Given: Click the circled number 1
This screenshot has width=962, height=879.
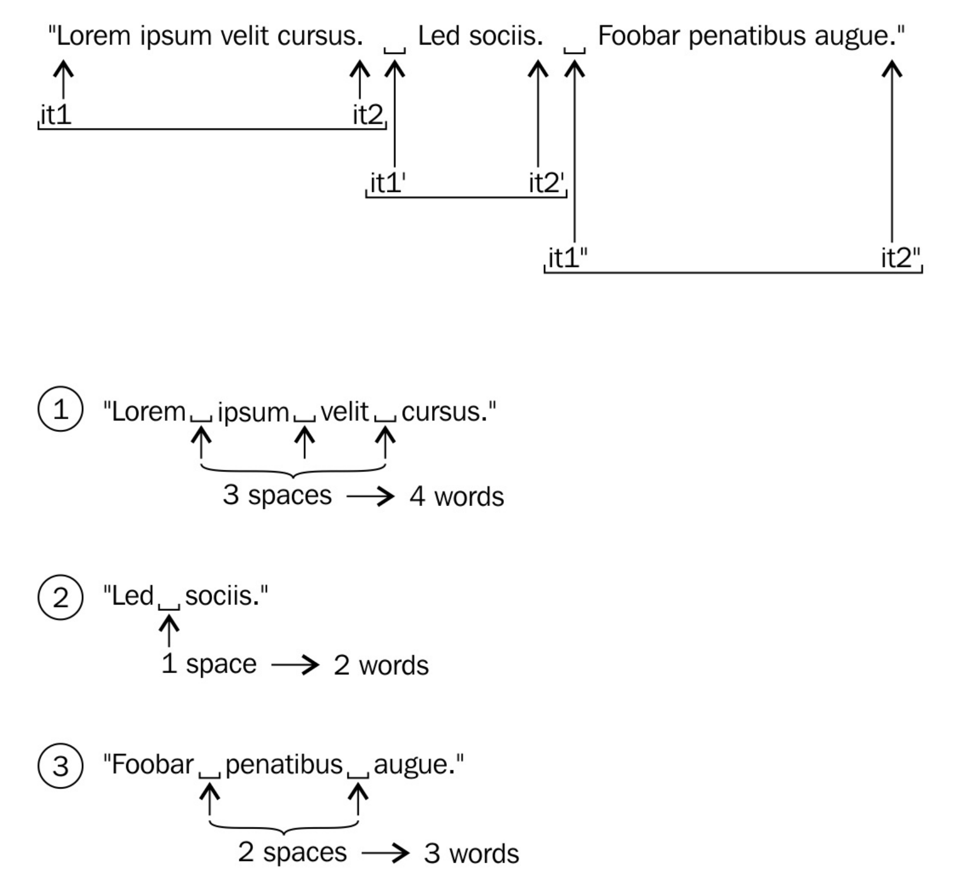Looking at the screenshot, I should coord(61,409).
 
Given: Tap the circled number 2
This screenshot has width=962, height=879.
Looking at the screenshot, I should coord(61,597).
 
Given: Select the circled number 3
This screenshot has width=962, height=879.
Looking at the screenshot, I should coord(61,766).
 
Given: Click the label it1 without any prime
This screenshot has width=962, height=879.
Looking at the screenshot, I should coord(56,115).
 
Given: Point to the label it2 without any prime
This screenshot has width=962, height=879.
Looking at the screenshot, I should coord(368,115).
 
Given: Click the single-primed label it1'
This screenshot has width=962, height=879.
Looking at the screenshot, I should coord(387,183).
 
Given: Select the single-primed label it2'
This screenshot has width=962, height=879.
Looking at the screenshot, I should coord(546,183).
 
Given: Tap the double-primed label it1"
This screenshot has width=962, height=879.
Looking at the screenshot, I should coord(567,258).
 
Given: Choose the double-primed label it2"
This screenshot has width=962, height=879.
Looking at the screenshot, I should coord(900,258).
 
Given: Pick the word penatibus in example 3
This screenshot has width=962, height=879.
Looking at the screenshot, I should coord(284,765).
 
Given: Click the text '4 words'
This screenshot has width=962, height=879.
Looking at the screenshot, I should coord(456,496).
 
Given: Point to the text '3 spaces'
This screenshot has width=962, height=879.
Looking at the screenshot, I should coord(277,495).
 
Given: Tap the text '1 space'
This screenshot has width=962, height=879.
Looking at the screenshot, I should coord(209,663).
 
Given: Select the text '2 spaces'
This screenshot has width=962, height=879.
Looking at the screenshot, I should coord(292,852).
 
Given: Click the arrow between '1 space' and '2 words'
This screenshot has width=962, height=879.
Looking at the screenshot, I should coord(295,665).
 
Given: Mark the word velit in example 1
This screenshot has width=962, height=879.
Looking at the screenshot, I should coord(344,411).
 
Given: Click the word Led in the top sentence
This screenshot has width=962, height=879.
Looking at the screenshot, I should coord(439,36).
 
